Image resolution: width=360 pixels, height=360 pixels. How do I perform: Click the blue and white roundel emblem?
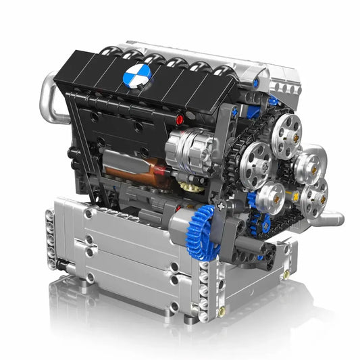click(137, 76)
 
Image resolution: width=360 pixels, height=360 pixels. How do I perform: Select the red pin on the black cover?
click(180, 120)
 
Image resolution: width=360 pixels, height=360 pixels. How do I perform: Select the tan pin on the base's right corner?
click(286, 274)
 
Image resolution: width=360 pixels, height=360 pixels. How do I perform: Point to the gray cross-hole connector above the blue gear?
click(221, 202)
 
